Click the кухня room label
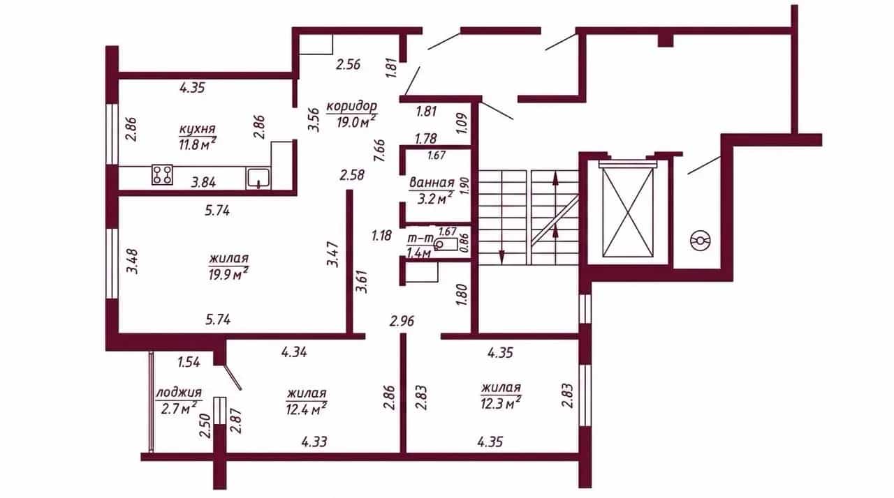197,129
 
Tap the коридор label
351,107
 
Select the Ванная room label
432,183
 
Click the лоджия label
179,393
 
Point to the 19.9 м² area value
228,273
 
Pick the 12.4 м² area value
307,408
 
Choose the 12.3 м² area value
501,403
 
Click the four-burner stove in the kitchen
163,175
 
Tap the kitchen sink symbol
258,178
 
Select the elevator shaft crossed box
629,212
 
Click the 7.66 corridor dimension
379,150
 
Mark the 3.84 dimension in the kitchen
203,183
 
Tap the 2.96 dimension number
402,321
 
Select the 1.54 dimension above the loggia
189,362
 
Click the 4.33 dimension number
314,442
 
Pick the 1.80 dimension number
462,295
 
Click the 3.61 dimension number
362,282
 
